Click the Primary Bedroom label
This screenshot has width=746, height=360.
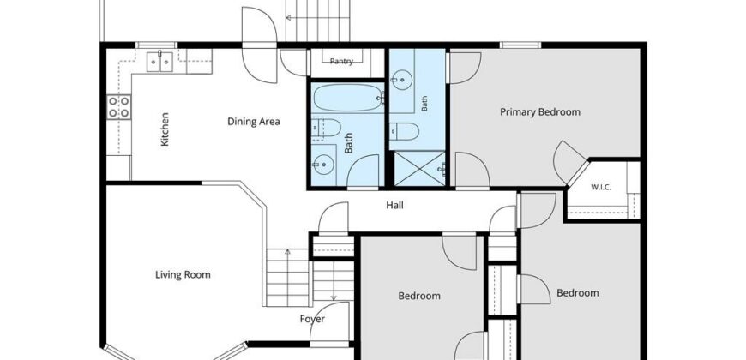pyautogui.click(x=540, y=112)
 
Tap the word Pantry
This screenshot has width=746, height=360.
pyautogui.click(x=341, y=62)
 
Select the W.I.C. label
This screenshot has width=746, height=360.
pyautogui.click(x=601, y=188)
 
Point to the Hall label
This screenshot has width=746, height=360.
pyautogui.click(x=395, y=205)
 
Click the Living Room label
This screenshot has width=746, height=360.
pyautogui.click(x=183, y=275)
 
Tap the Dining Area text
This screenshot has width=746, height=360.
pyautogui.click(x=254, y=122)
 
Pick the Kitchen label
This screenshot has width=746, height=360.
pyautogui.click(x=165, y=129)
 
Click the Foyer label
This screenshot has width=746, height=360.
pyautogui.click(x=312, y=319)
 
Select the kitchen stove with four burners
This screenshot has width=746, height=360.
pyautogui.click(x=118, y=106)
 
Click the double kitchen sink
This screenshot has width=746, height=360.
pyautogui.click(x=159, y=62)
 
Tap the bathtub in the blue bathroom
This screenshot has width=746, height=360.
pyautogui.click(x=348, y=98)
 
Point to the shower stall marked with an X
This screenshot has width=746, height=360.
pyautogui.click(x=419, y=169)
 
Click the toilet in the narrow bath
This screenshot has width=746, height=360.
pyautogui.click(x=405, y=131)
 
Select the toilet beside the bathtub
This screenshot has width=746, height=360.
pyautogui.click(x=327, y=128)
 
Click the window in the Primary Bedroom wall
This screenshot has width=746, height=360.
pyautogui.click(x=520, y=45)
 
